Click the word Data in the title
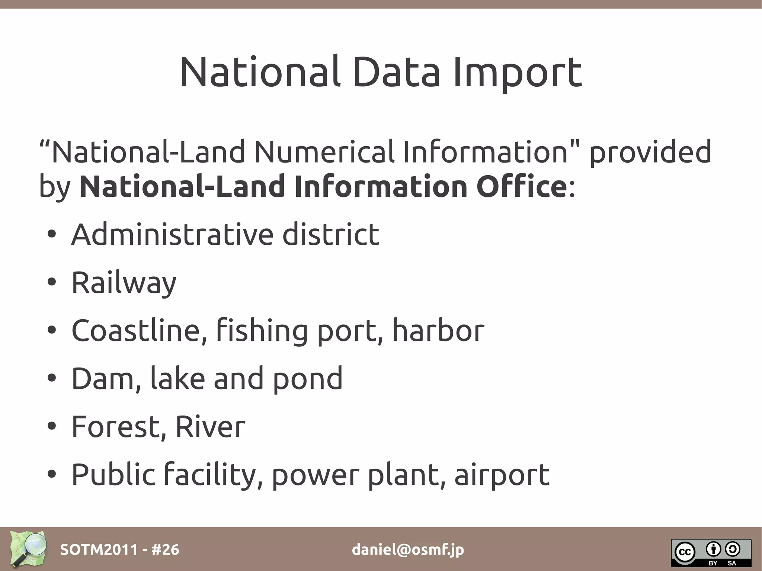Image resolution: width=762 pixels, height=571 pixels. coord(396,73)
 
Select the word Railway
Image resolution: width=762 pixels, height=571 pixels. coord(124,283)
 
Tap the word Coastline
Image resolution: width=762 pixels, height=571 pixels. coord(139,330)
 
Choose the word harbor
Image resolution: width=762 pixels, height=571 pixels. coord(438,330)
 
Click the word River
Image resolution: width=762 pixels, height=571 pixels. coord(210,426)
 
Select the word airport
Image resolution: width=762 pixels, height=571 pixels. coord(502,475)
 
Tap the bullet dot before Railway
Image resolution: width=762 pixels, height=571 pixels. coord(52,282)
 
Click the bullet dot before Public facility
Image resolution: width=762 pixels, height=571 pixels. coord(52,474)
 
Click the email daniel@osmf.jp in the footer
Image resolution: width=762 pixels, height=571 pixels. coord(408,549)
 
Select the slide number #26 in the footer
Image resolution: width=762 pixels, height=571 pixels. coord(165,549)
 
